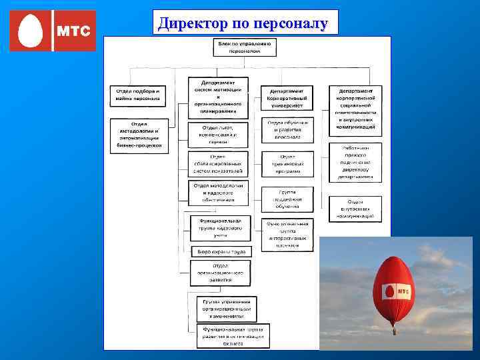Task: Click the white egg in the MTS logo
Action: tap(31, 31)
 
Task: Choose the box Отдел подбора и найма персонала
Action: tap(139, 95)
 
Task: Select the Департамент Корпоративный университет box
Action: tap(287, 99)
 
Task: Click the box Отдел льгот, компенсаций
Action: tap(217, 135)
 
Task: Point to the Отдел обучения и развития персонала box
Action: tap(287, 131)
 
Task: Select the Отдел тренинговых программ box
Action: tap(287, 164)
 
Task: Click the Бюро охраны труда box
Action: tap(221, 251)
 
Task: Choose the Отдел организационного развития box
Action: tap(219, 273)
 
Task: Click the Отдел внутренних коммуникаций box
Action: tap(355, 209)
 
